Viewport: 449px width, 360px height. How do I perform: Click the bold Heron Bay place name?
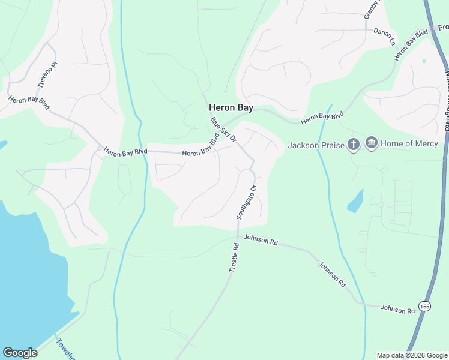[x=231, y=108]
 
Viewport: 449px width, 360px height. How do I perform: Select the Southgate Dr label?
[x=246, y=202]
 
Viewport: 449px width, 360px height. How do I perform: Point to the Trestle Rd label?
[x=234, y=256]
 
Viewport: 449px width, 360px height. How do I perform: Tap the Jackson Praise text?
[x=316, y=145]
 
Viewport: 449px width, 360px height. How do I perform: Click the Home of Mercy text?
[x=410, y=143]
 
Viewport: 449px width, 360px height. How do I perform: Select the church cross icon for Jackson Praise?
[x=354, y=144]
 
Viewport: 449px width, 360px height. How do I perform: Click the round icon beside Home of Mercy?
[x=371, y=143]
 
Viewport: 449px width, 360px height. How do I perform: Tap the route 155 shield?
[x=425, y=307]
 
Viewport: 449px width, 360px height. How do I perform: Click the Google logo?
[x=20, y=353]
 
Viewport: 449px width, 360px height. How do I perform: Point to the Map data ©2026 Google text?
[x=412, y=355]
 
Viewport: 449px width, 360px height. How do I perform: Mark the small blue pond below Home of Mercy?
[x=355, y=202]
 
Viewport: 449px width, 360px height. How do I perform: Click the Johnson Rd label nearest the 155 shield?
[x=398, y=309]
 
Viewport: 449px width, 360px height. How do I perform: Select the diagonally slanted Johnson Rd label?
[x=332, y=274]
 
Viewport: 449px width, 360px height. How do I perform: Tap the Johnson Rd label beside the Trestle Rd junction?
[x=262, y=241]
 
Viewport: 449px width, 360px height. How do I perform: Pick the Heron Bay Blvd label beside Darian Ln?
[x=411, y=45]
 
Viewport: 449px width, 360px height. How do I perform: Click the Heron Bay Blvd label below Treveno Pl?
[x=28, y=102]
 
